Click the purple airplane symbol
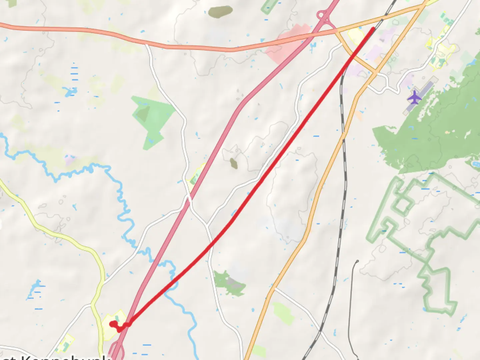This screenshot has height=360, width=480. (x=414, y=97)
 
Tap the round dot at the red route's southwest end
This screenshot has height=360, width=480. (x=112, y=323)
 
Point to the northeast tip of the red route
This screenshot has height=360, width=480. (x=373, y=29)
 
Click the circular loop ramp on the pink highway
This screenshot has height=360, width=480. (x=321, y=15)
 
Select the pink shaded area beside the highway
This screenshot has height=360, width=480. (x=285, y=47)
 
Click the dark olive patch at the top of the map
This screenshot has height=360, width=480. (x=220, y=12)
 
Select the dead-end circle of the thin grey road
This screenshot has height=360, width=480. (x=357, y=262)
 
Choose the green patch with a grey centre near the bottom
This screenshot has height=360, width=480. (x=230, y=283)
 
